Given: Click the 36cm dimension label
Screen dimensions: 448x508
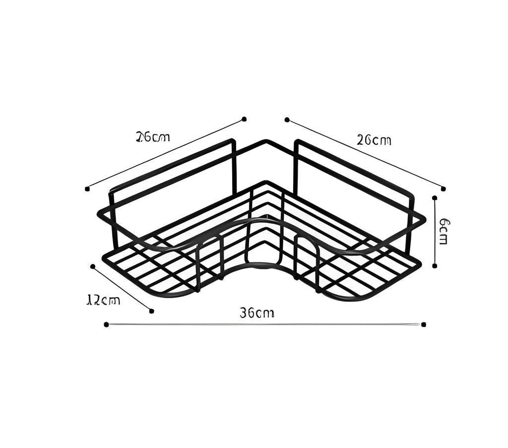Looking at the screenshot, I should [x=257, y=313].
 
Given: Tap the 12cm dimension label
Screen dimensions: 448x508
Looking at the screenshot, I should [x=103, y=300].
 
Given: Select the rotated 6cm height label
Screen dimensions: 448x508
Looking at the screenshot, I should [x=444, y=231].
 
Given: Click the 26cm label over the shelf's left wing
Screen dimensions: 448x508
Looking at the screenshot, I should [x=153, y=137].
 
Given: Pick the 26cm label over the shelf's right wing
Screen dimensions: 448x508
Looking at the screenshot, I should [x=374, y=140].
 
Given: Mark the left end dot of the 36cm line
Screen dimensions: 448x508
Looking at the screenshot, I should [x=106, y=324].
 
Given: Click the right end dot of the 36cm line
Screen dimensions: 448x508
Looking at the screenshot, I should [x=423, y=324].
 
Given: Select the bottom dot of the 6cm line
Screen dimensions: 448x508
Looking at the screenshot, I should [x=435, y=266].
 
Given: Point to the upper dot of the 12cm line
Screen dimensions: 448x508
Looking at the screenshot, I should [x=92, y=266].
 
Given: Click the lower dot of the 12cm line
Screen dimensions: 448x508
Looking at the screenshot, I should [x=151, y=311].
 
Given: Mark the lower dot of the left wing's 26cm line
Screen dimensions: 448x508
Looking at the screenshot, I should [x=87, y=189].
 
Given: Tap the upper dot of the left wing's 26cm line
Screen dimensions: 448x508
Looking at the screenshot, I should [x=244, y=119].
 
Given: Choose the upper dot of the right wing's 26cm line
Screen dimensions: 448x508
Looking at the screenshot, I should [x=287, y=120].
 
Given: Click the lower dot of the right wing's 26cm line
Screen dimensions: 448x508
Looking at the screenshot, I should [x=443, y=189].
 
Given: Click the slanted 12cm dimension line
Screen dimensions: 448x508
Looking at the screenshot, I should [x=122, y=289].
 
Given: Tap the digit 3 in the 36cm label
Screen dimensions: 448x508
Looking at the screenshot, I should [x=244, y=313].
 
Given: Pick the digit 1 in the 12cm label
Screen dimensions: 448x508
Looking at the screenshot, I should [x=89, y=300].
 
